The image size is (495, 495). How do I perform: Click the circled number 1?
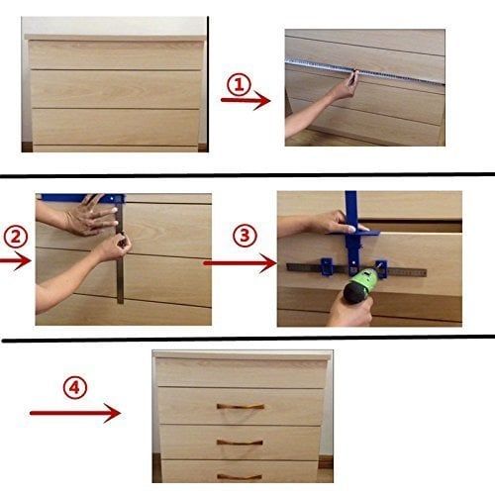coord(237,85)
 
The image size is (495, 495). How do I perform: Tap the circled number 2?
coord(15,238)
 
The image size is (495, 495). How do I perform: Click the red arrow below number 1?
coord(245,100)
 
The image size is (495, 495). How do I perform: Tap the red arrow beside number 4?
coord(75,412)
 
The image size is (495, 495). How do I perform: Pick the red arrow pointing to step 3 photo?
coord(239,263)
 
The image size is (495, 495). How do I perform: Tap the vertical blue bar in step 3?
coord(351,213)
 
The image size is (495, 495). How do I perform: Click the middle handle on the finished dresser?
coord(239,442)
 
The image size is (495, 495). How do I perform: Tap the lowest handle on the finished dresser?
coord(239,476)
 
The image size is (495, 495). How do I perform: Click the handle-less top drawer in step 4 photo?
coord(241,372)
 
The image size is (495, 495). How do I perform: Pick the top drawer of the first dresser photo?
coord(116,55)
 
